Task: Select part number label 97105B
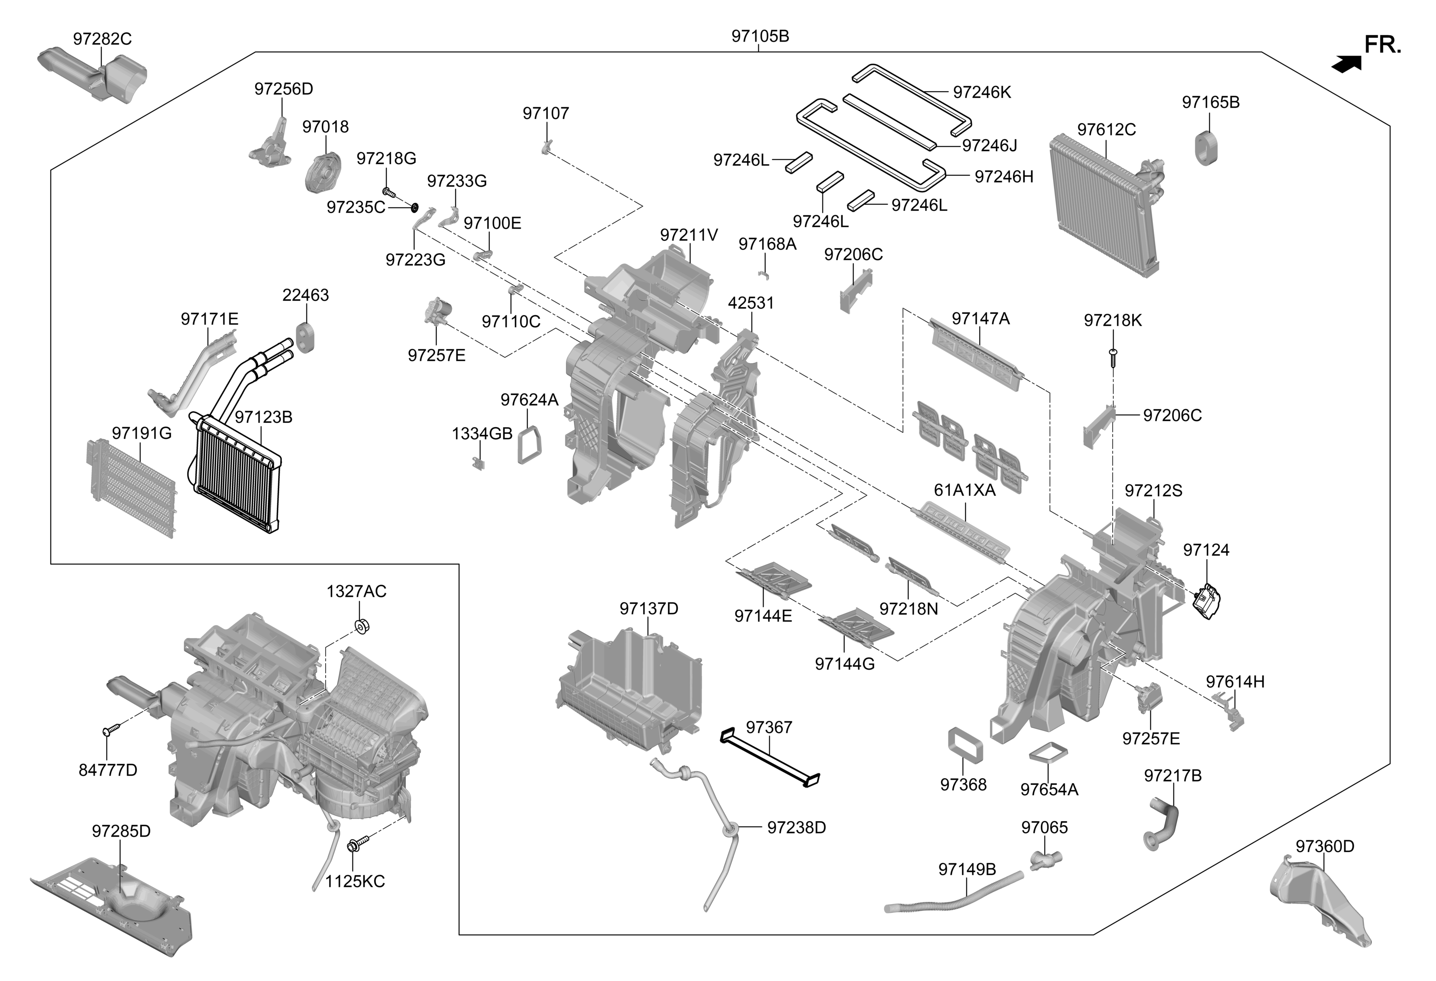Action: pyautogui.click(x=760, y=36)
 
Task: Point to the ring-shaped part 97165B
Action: pyautogui.click(x=1205, y=148)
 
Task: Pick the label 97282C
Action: pyautogui.click(x=102, y=39)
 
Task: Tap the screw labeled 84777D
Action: pyautogui.click(x=107, y=731)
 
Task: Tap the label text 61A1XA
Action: pyautogui.click(x=965, y=490)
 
